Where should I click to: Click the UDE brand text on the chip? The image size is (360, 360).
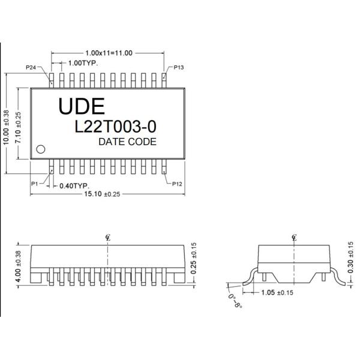(x=82, y=106)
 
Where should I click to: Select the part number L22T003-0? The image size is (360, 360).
(x=115, y=126)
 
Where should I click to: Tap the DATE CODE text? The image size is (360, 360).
(x=127, y=142)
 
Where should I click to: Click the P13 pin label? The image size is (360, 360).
(x=179, y=68)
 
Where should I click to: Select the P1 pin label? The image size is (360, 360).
(x=35, y=184)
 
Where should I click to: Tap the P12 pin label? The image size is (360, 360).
(x=178, y=184)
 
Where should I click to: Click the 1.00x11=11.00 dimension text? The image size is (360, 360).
(x=109, y=53)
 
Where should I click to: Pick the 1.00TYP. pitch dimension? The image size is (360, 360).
(x=83, y=63)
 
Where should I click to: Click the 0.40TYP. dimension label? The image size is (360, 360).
(x=75, y=185)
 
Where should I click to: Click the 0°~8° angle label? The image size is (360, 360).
(x=234, y=300)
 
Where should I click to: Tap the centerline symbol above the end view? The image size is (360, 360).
(x=294, y=237)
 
